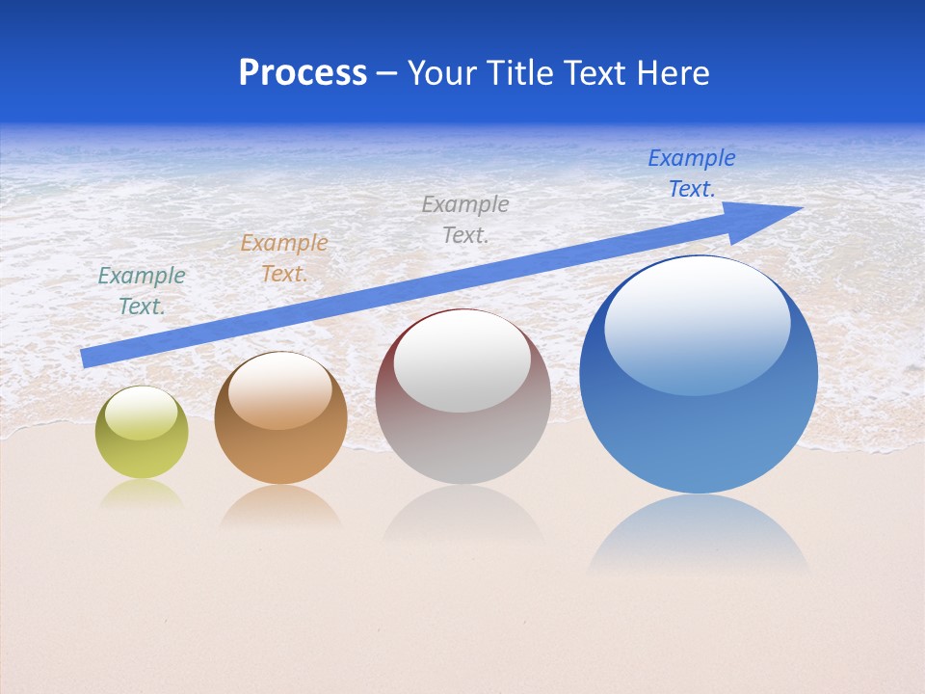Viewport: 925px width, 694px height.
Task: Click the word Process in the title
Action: [x=303, y=73]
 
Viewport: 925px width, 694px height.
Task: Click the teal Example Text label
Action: [x=142, y=290]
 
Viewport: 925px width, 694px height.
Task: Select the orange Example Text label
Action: [x=283, y=258]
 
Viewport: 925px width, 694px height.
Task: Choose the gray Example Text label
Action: [x=464, y=219]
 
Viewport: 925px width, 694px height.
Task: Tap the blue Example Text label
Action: [x=691, y=173]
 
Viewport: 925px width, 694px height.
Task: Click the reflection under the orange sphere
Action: [x=280, y=506]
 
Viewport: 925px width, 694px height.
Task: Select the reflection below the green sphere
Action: [x=142, y=494]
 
